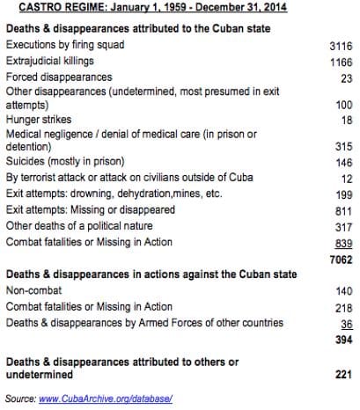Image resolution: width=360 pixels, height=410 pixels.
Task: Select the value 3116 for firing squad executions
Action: point(340,44)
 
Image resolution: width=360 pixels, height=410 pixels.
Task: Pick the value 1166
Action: point(340,61)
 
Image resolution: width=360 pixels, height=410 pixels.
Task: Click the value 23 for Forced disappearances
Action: point(345,77)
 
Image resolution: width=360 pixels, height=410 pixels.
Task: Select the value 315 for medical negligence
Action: point(342,146)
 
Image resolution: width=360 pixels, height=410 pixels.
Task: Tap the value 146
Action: point(342,163)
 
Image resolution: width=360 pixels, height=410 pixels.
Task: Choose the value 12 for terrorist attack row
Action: point(345,179)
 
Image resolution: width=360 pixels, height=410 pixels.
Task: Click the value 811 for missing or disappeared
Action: point(342,210)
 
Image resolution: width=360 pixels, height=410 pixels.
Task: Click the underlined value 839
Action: point(342,243)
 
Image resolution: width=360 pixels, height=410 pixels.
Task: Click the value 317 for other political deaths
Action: point(342,227)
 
